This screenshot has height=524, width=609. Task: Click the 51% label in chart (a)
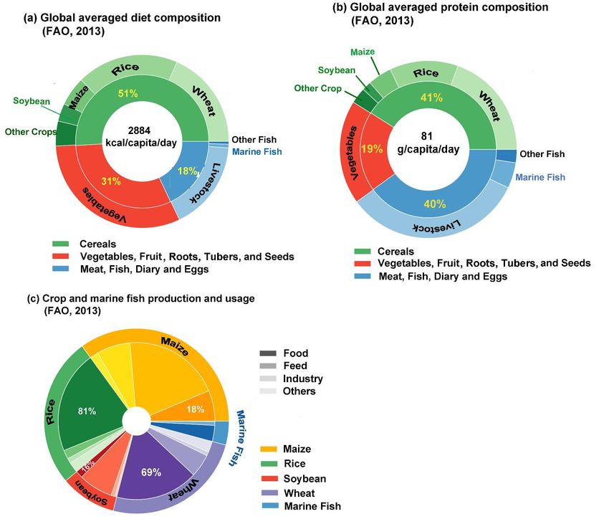click(128, 92)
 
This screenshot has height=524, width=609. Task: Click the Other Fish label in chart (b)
click(542, 154)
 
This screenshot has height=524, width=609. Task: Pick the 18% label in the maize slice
click(195, 409)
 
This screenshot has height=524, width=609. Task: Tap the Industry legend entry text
click(303, 378)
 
